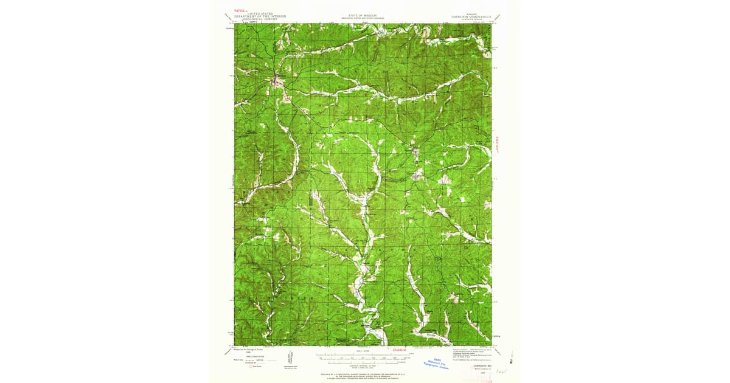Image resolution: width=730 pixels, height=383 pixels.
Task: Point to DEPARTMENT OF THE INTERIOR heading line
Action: click(x=263, y=16)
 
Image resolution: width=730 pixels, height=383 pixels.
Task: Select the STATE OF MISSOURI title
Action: click(x=363, y=14)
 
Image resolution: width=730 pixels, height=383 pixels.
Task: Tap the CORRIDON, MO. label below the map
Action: click(x=481, y=366)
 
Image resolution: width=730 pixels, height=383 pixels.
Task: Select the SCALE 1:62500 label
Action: click(x=363, y=350)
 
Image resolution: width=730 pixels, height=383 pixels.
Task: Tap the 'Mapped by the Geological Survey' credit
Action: click(x=251, y=350)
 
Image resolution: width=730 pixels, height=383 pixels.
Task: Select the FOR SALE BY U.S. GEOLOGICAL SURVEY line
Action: click(x=363, y=373)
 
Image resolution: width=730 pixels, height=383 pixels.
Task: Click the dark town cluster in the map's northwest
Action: click(x=277, y=78)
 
